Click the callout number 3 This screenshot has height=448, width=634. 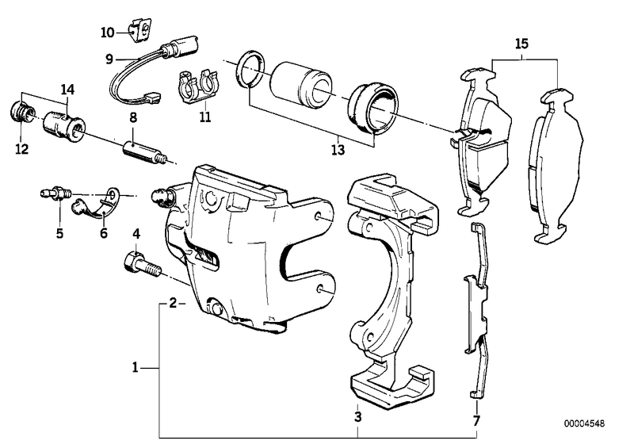coord(357,416)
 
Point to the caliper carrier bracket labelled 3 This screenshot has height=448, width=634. coord(389,285)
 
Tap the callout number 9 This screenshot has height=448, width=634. coord(109,58)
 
